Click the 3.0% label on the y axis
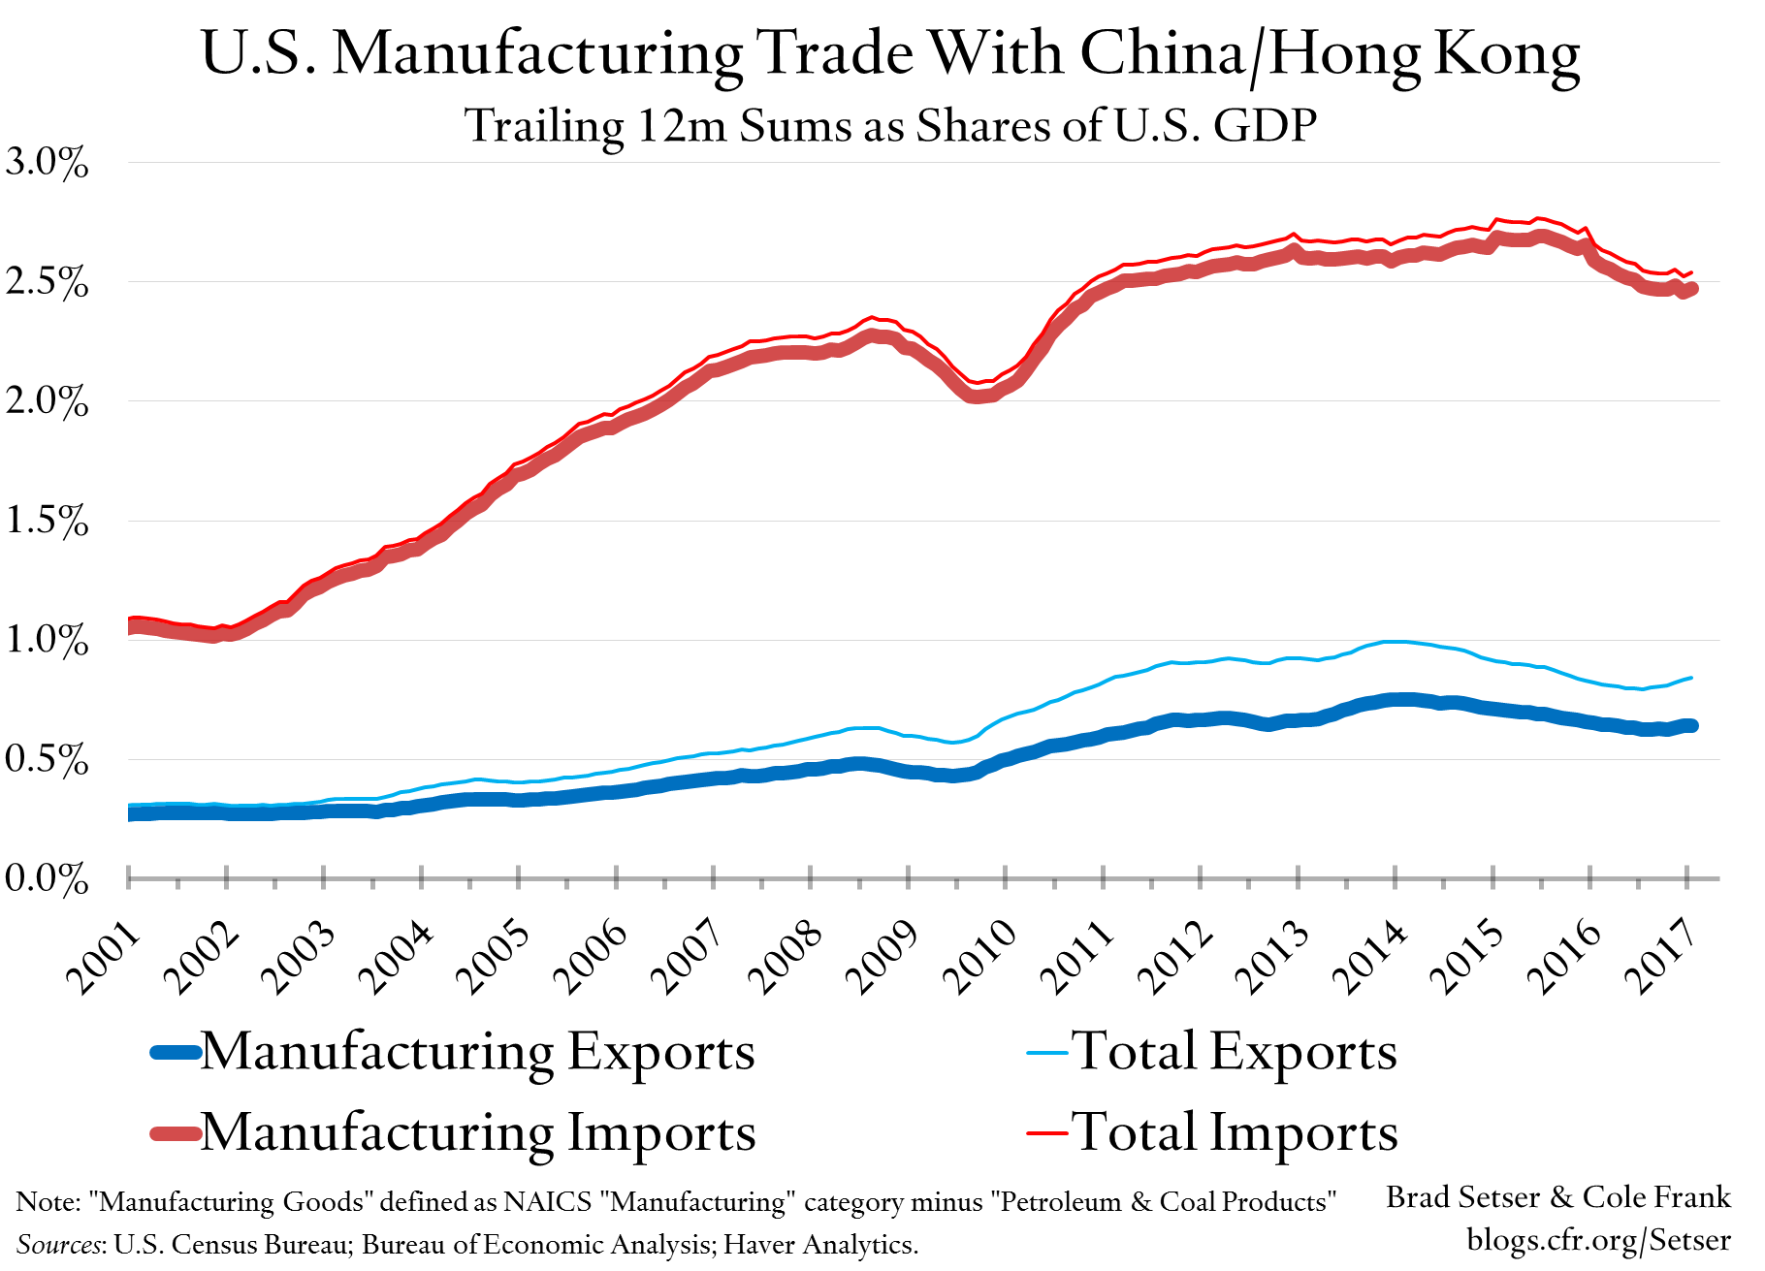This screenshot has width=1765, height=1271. (x=46, y=163)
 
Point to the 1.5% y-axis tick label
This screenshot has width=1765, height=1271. (x=46, y=522)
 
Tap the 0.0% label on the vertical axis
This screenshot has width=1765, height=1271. (x=46, y=879)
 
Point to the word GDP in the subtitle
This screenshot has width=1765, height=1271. (x=1265, y=126)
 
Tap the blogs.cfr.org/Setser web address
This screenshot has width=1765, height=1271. (x=1598, y=1240)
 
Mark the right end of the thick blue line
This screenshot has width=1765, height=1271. (x=1691, y=725)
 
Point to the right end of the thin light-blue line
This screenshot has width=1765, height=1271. (x=1691, y=678)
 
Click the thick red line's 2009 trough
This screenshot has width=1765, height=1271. (x=977, y=396)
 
